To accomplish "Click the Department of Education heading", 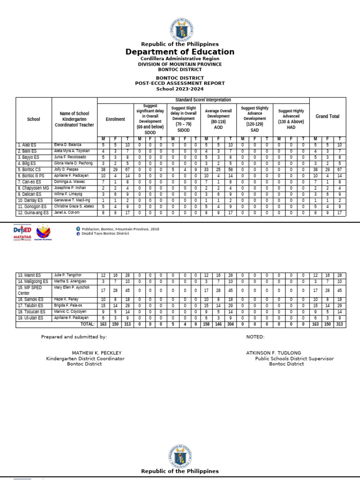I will point(180,52).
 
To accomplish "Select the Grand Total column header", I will point(328,116).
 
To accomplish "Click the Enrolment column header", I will point(115,119).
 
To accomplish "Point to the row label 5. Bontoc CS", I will point(30,169).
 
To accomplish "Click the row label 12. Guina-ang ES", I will point(33,212).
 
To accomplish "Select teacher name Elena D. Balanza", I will point(67,145).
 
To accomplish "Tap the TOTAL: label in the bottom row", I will point(87,324).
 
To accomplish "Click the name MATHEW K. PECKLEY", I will point(97,352).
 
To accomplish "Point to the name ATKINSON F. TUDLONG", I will point(273,352).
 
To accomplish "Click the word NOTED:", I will point(255,337).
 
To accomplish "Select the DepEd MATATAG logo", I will point(22,232).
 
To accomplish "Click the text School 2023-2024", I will point(180,89).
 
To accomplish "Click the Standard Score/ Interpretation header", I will point(203,100).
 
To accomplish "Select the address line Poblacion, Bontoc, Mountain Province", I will point(120,229).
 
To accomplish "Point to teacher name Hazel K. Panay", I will point(66,299).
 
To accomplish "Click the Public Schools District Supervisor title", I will point(294,359).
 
